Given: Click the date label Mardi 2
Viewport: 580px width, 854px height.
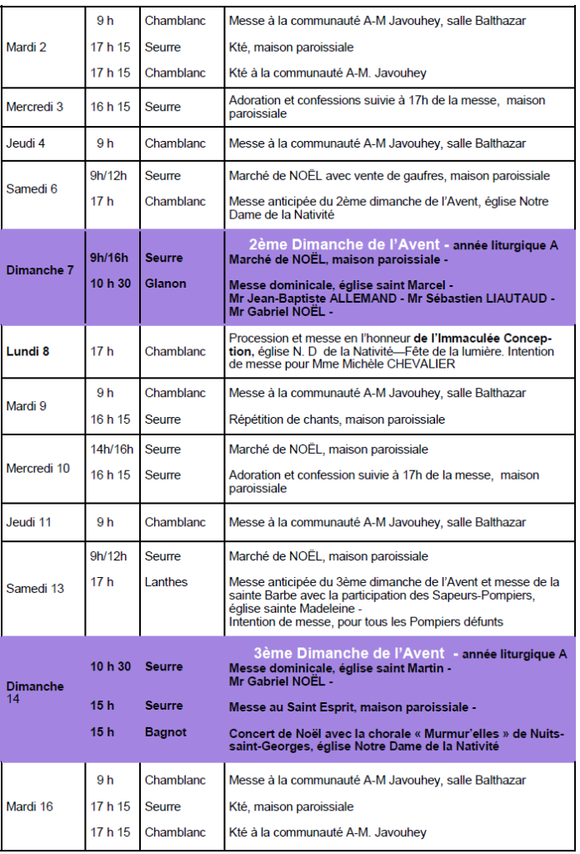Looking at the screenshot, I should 26,47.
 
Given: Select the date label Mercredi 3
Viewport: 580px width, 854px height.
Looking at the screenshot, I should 34,107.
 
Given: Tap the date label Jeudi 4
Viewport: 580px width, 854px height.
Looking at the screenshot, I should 25,143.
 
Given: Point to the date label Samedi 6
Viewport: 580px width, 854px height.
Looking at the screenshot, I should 32,188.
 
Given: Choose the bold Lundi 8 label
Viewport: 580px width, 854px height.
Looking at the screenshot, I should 27,351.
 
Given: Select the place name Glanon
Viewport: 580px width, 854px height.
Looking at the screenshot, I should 165,284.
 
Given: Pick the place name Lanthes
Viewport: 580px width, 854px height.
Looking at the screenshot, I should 166,582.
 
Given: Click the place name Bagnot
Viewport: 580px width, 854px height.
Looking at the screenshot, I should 166,732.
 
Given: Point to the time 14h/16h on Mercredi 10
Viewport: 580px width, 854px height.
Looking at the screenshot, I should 112,450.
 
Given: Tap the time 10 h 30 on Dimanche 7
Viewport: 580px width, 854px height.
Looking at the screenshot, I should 111,284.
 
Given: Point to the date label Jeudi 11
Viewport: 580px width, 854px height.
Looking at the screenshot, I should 28,522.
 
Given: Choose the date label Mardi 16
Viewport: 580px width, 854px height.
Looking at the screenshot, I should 29,806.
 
